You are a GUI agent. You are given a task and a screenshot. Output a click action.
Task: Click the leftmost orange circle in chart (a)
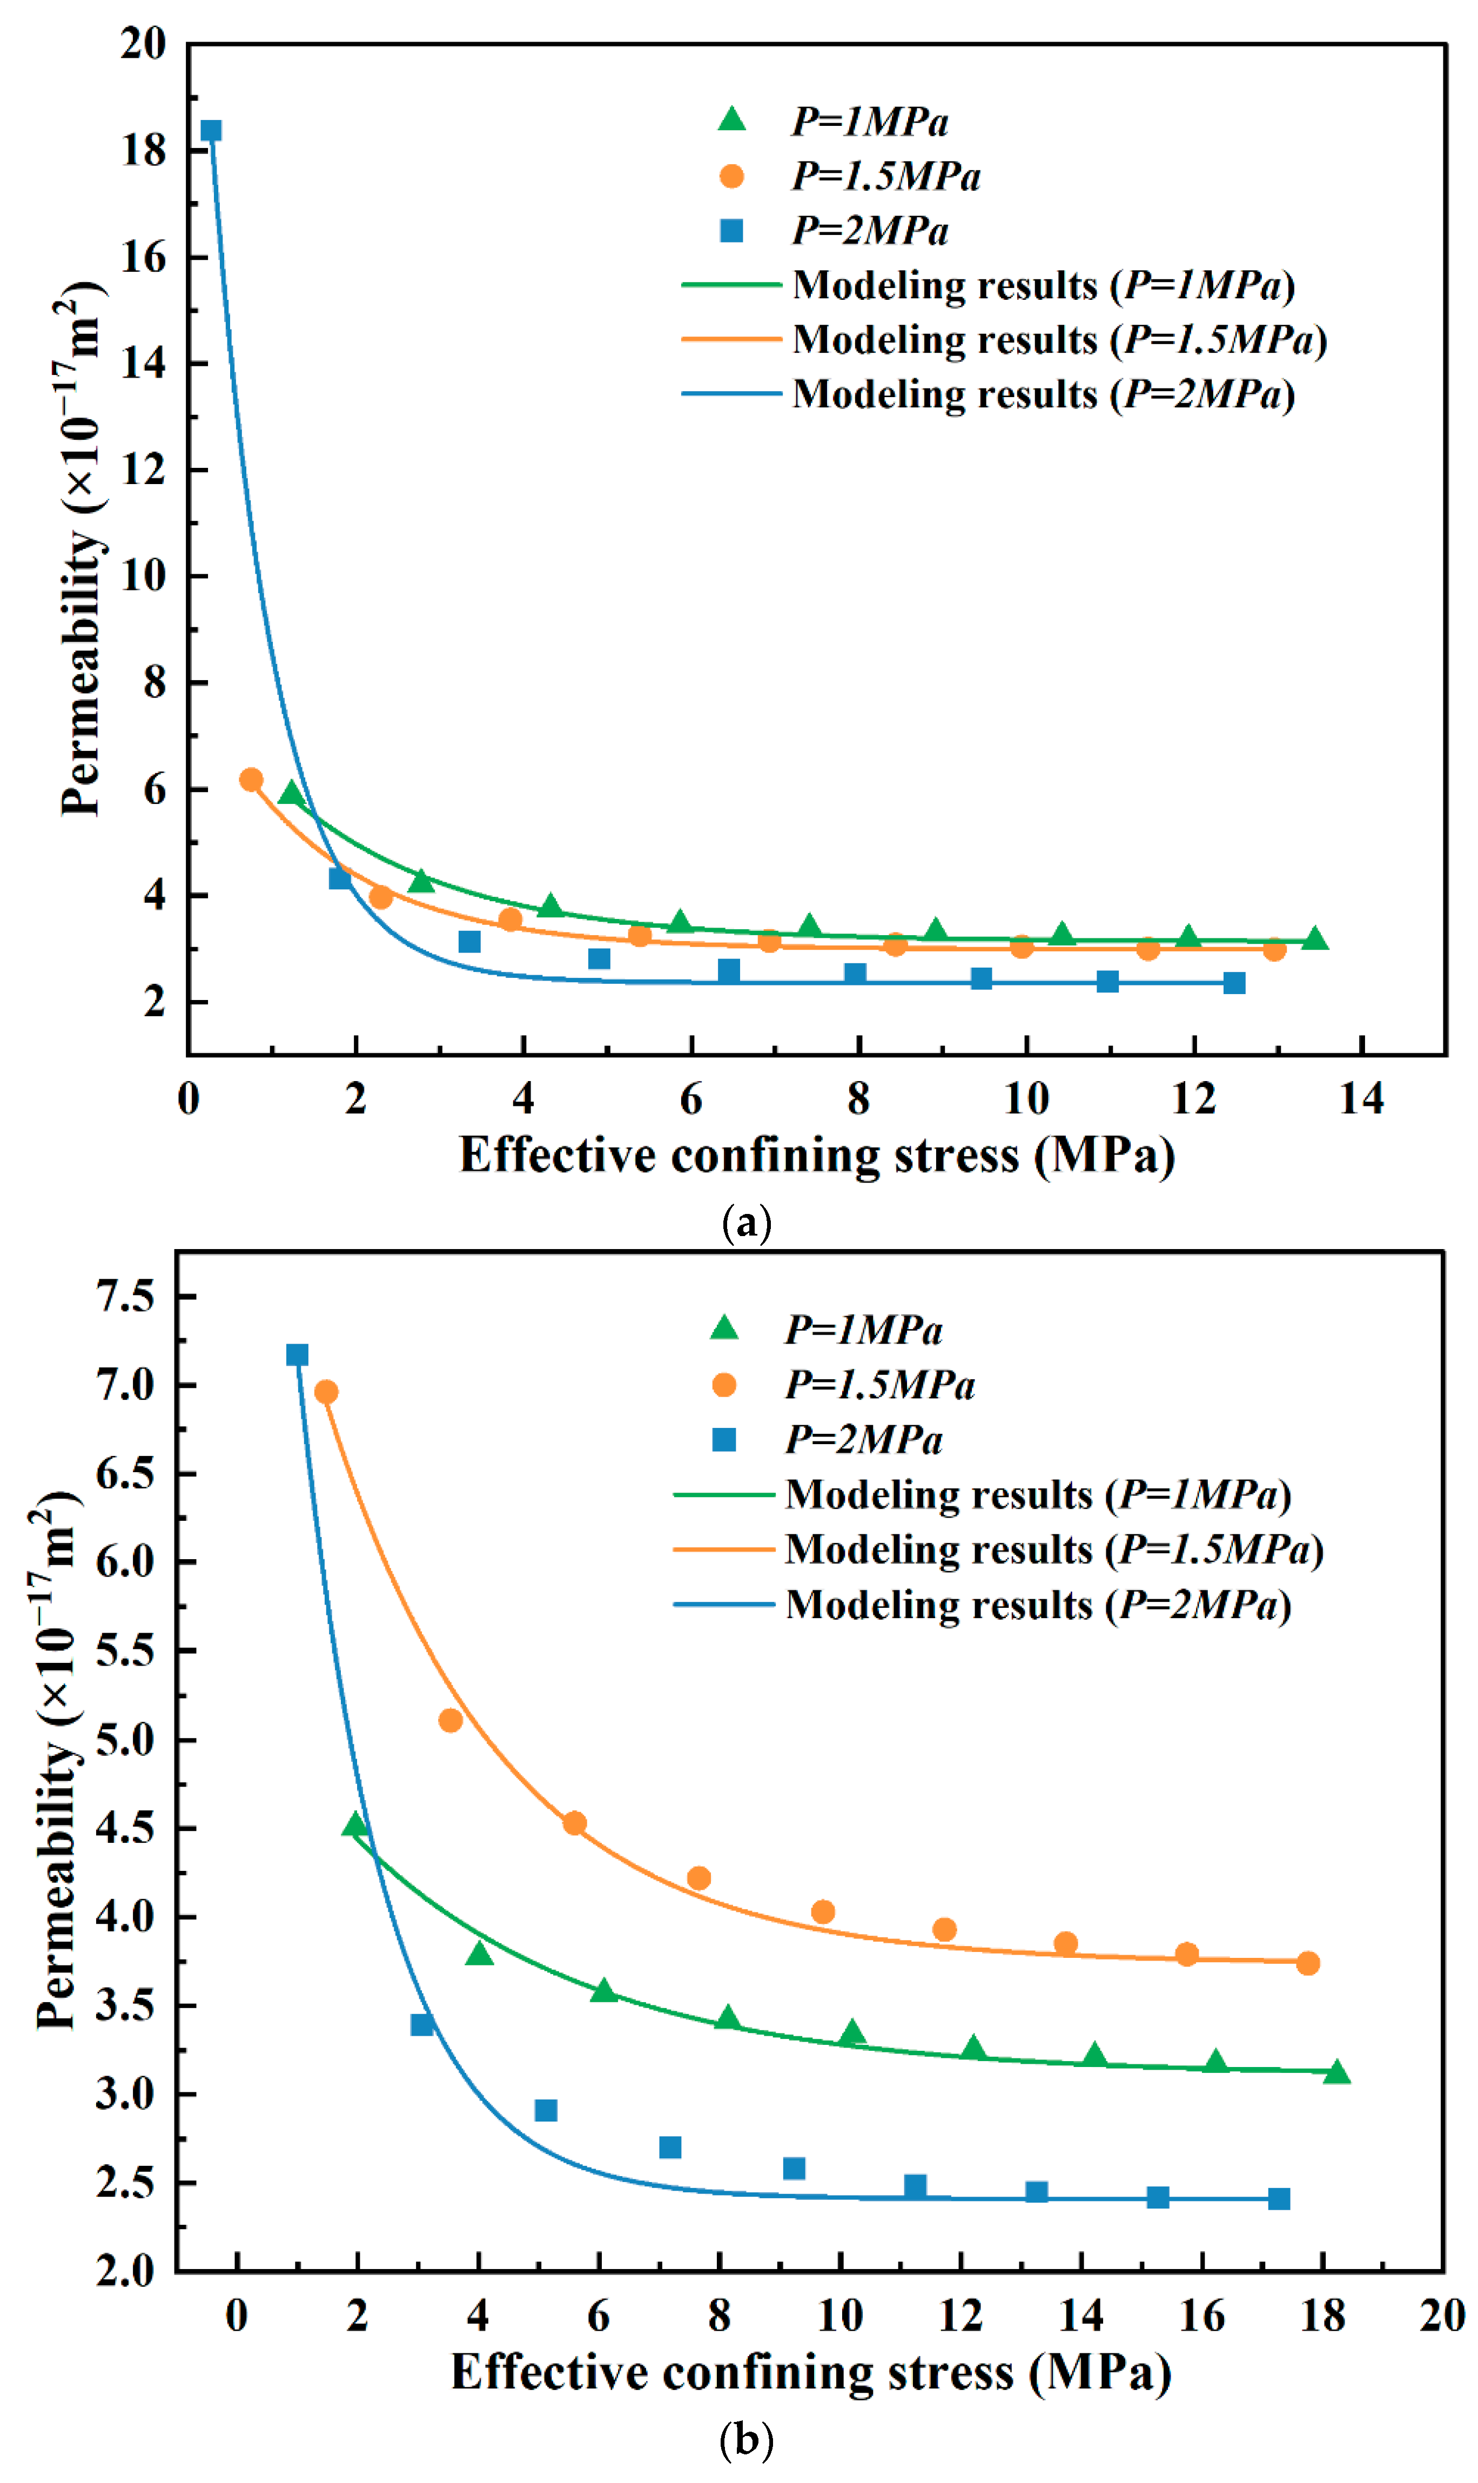(x=251, y=779)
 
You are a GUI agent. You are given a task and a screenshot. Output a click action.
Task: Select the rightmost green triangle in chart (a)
(x=1315, y=938)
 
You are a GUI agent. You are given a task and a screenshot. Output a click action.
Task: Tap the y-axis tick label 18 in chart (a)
(x=143, y=150)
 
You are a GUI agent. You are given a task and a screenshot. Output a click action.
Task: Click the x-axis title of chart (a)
(x=817, y=1156)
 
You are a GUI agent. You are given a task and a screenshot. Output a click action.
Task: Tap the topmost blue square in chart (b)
(x=297, y=1354)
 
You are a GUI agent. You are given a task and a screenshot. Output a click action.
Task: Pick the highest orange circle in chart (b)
(x=326, y=1391)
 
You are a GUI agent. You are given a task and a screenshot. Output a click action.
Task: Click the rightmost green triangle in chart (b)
(x=1336, y=2072)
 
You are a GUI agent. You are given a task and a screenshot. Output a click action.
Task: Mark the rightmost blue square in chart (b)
(x=1279, y=2198)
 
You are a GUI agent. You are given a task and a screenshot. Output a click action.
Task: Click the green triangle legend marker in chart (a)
(x=732, y=119)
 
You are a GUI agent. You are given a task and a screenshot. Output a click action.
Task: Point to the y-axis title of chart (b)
(x=57, y=1763)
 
